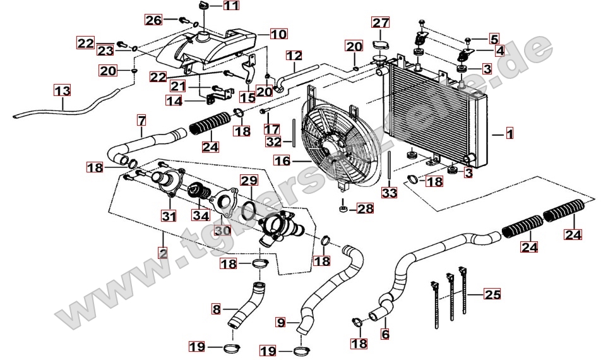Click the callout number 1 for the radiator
tap(510, 133)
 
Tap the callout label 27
tap(380, 23)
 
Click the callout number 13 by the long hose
tap(61, 90)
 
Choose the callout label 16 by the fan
tap(282, 162)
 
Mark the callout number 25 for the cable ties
tap(492, 294)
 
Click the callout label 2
tap(162, 254)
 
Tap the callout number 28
tap(366, 208)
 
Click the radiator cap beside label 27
tap(380, 44)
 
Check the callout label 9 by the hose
tap(282, 323)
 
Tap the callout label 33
tap(390, 193)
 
